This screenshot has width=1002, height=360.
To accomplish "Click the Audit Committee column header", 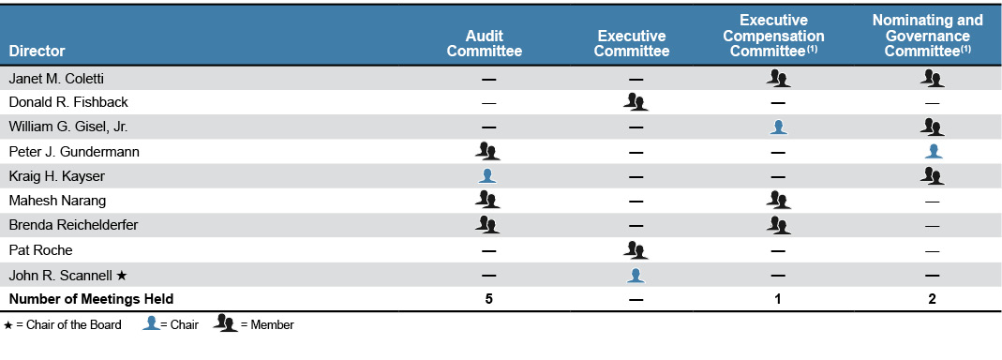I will [484, 43].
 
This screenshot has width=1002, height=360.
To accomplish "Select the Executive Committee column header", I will [632, 43].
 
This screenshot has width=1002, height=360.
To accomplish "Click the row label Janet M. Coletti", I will [55, 78].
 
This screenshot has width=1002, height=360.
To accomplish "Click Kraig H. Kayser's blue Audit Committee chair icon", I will [487, 175].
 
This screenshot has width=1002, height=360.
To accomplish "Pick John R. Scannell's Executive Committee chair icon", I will [636, 274].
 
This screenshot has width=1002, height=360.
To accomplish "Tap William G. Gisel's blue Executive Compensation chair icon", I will [778, 127].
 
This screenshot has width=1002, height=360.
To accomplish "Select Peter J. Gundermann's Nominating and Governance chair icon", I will [933, 151].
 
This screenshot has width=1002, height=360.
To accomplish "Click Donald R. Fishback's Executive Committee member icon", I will [636, 101].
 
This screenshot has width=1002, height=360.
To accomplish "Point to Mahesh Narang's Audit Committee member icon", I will [487, 200].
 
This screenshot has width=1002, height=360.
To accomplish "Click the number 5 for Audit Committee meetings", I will [487, 299].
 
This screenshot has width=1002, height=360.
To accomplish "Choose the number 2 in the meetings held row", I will [932, 299].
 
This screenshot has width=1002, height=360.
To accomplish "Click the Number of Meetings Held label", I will [91, 299].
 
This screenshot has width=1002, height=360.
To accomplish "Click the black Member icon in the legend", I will [226, 324].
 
